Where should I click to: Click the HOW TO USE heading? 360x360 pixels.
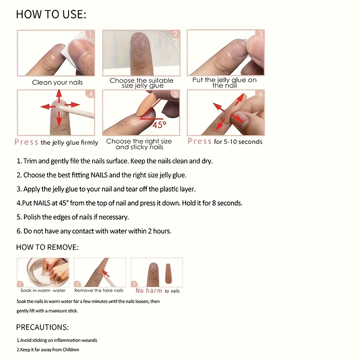pos(51,14)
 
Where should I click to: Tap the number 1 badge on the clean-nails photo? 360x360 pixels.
pos(90,34)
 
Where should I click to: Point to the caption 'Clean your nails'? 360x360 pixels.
pos(57,82)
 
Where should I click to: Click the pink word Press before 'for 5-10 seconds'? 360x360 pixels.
pos(199,141)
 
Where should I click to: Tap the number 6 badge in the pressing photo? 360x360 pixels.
pos(260,94)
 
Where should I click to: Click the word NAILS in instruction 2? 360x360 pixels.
pos(99,175)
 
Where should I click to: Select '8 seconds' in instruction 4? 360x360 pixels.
pos(227,203)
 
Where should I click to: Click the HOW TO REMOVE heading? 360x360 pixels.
pos(47,247)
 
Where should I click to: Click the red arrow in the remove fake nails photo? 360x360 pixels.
pos(105,274)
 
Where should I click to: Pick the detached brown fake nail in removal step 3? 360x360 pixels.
pos(168,273)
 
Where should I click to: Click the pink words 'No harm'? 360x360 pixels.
pos(149,291)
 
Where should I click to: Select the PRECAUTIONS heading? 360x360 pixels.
pos(42,327)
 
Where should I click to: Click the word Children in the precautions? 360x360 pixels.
pos(71,350)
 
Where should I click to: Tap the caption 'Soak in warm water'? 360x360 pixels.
pos(43,291)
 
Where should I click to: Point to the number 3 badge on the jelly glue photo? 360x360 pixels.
pos(260,34)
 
